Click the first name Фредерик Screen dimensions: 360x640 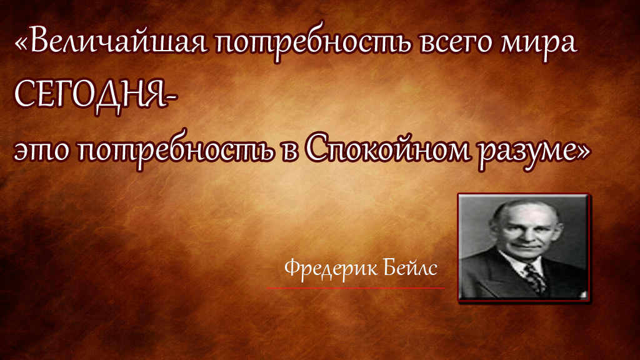(323, 269)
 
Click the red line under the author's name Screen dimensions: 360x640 (356, 288)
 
